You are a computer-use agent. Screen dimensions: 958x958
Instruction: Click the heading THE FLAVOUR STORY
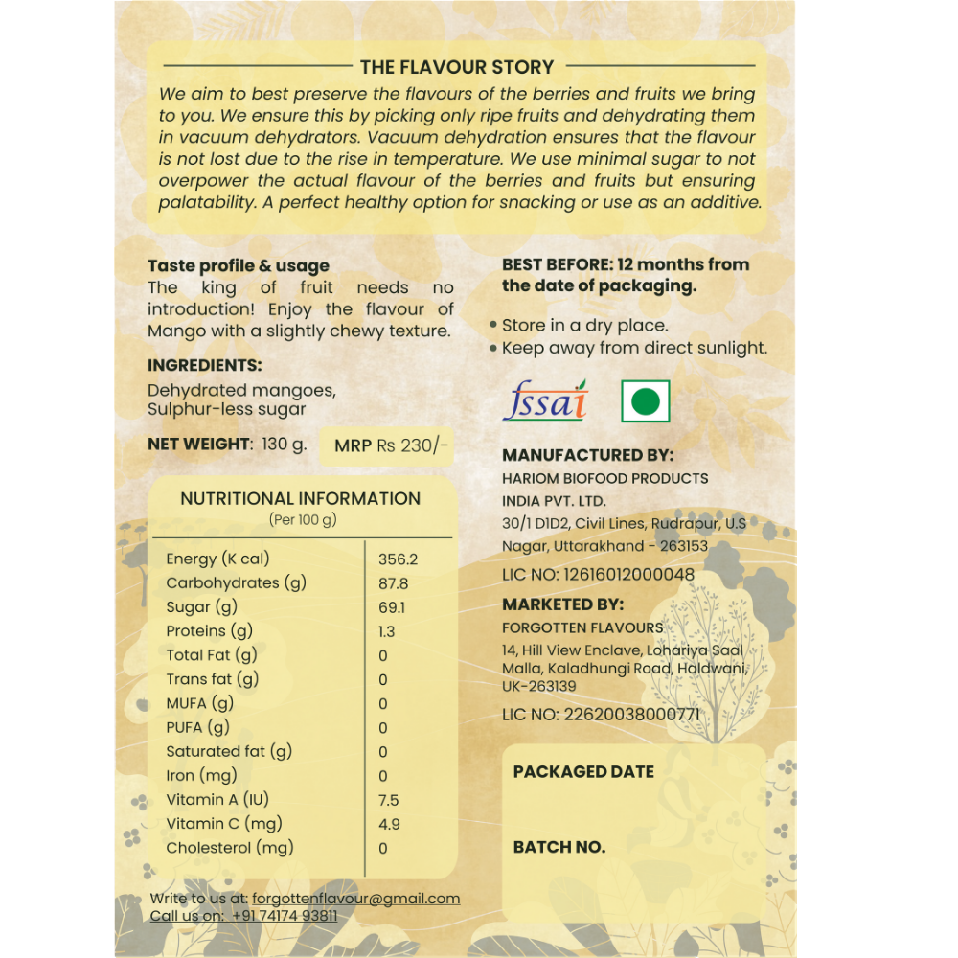[x=457, y=67]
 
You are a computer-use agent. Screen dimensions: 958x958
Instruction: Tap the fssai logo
[x=545, y=400]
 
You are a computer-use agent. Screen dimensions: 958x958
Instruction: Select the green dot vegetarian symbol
[x=645, y=401]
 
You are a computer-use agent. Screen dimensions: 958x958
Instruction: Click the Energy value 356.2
[x=398, y=559]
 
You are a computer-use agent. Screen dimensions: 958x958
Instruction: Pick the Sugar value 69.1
[x=392, y=607]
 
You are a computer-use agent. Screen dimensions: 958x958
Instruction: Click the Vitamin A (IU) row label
[x=216, y=800]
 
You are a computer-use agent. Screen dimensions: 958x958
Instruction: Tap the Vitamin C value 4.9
[x=389, y=824]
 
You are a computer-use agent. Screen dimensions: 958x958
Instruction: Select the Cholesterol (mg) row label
[x=230, y=848]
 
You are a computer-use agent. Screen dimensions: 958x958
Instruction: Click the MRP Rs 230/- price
[x=391, y=445]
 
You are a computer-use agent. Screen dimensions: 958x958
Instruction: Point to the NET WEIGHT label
[x=198, y=444]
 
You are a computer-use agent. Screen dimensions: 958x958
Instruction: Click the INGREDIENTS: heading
[x=204, y=365]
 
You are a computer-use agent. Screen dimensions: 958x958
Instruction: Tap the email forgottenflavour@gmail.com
[x=355, y=899]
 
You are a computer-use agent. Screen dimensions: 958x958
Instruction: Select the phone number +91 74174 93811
[x=284, y=916]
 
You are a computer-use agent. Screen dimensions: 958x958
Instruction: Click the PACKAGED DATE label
[x=583, y=772]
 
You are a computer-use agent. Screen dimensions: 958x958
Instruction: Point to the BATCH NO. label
[x=559, y=848]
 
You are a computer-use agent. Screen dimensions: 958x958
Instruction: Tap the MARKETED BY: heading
[x=562, y=604]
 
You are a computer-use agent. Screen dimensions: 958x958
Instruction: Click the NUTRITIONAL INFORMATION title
[x=300, y=498]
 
